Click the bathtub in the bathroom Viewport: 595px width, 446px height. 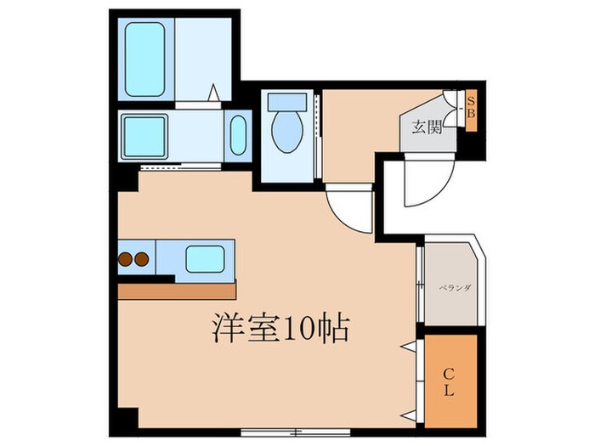tap(144, 59)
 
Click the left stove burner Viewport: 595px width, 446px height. tap(125, 258)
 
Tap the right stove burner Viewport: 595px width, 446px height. tap(141, 258)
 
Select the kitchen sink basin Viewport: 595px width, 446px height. tap(204, 257)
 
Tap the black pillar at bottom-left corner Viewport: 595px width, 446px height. tap(126, 421)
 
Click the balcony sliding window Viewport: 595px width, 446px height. tap(420, 285)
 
